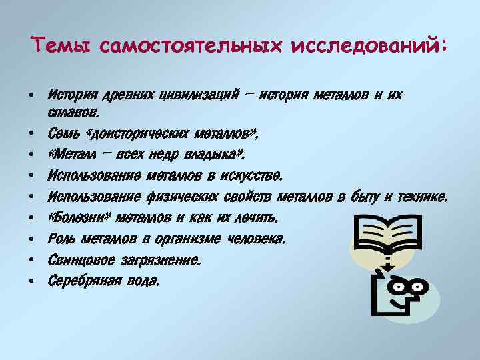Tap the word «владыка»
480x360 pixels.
pyautogui.click(x=213, y=156)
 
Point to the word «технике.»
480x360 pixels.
pyautogui.click(x=423, y=197)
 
